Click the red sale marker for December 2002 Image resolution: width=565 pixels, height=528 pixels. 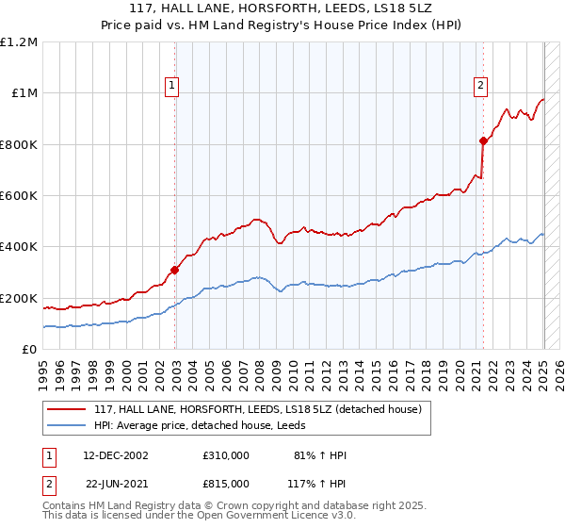175,270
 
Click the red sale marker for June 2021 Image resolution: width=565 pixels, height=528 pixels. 484,140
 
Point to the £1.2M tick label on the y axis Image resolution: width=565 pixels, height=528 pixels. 19,42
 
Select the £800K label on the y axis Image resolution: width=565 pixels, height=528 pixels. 19,144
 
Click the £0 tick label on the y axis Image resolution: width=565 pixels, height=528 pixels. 30,349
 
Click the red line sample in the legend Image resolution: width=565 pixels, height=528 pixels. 67,408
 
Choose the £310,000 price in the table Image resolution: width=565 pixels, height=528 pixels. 226,455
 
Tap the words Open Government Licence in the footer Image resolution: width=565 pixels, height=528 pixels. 244,518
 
